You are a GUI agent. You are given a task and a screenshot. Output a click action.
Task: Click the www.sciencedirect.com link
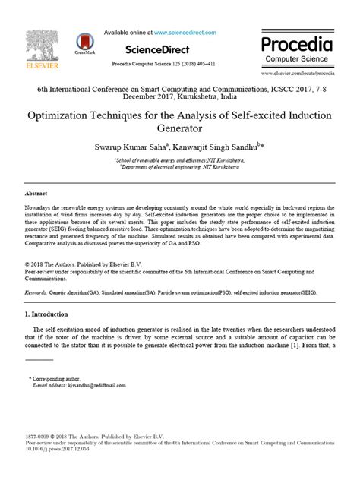click(185, 33)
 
